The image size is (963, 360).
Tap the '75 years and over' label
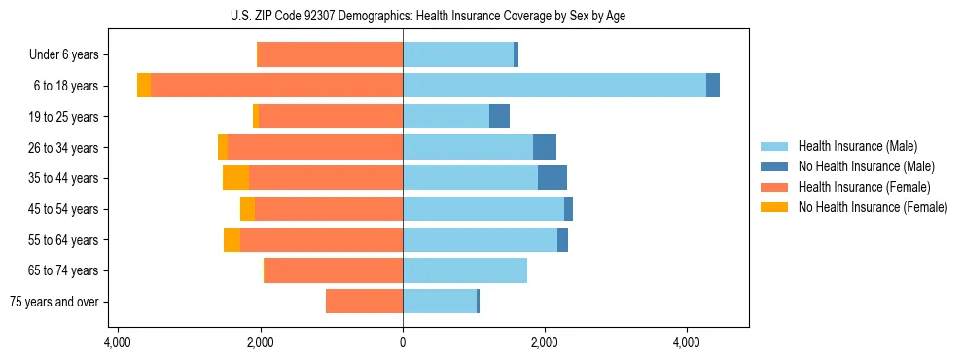[54, 302]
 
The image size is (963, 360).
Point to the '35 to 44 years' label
[64, 178]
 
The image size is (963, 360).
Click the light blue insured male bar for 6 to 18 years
[554, 86]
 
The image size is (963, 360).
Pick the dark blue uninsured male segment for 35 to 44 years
[553, 178]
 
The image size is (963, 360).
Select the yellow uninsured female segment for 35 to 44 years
[235, 178]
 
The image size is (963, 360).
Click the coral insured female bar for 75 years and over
[364, 302]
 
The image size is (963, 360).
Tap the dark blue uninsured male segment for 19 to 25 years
[499, 117]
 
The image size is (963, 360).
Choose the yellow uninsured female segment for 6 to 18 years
[144, 86]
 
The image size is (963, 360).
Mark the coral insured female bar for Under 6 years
[330, 55]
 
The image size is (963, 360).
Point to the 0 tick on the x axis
[403, 342]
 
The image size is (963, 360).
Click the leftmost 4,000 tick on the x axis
[118, 342]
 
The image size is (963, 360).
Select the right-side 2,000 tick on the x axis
[545, 342]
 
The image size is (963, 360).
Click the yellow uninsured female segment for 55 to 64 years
[232, 240]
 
